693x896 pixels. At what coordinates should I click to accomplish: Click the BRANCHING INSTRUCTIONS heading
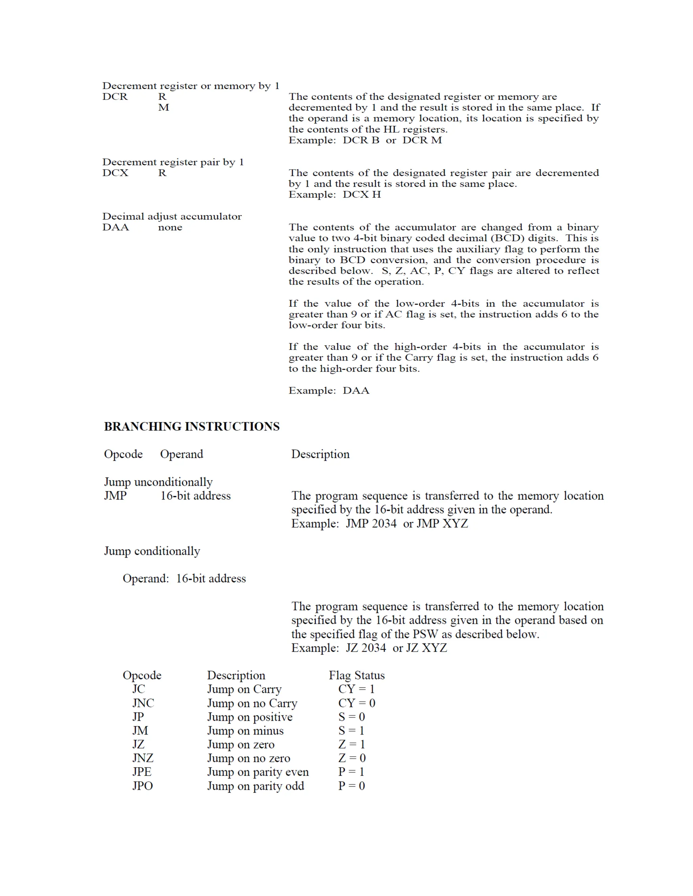pyautogui.click(x=192, y=427)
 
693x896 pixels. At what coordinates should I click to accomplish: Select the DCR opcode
pyautogui.click(x=115, y=97)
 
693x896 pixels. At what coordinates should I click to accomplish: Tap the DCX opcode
pyautogui.click(x=115, y=173)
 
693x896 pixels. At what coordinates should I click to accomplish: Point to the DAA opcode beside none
pyautogui.click(x=116, y=228)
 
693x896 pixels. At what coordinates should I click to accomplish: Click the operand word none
pyautogui.click(x=170, y=228)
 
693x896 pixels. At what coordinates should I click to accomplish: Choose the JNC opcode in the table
pyautogui.click(x=143, y=703)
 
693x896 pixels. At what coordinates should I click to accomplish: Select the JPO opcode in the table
pyautogui.click(x=142, y=786)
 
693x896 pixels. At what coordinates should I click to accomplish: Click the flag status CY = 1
pyautogui.click(x=356, y=689)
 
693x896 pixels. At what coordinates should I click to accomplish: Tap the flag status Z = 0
pyautogui.click(x=352, y=758)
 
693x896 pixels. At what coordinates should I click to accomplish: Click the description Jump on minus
pyautogui.click(x=245, y=731)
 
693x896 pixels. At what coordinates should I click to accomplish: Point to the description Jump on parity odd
pyautogui.click(x=255, y=786)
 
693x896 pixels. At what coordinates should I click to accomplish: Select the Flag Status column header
pyautogui.click(x=356, y=675)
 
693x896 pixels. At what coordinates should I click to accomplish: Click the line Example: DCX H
pyautogui.click(x=335, y=195)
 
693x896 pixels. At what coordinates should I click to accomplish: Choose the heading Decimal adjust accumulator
pyautogui.click(x=172, y=217)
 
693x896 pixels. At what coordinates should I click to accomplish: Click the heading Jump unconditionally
pyautogui.click(x=158, y=482)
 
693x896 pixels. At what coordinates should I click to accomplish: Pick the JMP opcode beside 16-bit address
pyautogui.click(x=115, y=496)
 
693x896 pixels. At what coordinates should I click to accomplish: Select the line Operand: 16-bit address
pyautogui.click(x=184, y=579)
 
